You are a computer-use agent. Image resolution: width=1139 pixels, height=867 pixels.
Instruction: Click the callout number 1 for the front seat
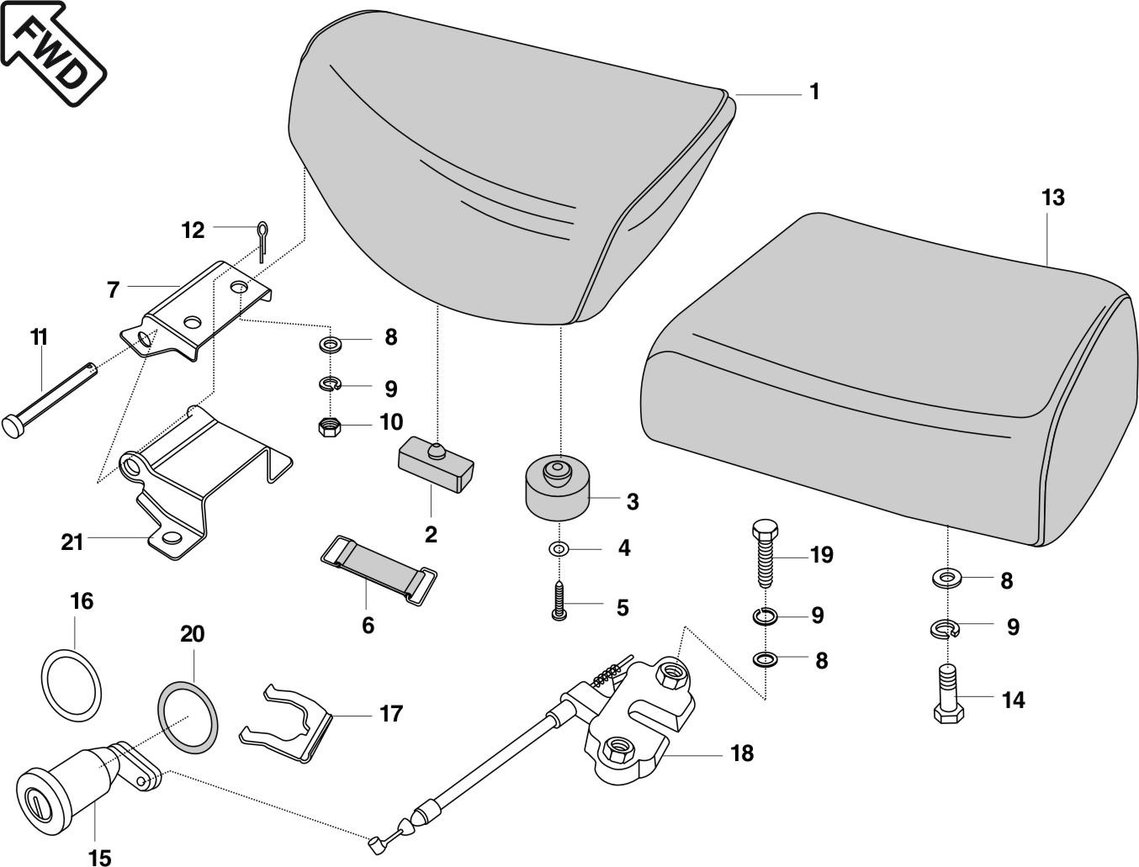[x=814, y=92]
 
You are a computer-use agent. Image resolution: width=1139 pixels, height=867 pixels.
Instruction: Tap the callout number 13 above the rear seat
[x=1052, y=198]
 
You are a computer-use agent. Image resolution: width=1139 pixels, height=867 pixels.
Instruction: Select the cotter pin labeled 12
[x=262, y=239]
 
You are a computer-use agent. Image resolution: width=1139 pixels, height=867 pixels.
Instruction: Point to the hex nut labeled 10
[x=329, y=426]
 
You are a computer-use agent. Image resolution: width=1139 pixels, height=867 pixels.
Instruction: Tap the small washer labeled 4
[x=558, y=549]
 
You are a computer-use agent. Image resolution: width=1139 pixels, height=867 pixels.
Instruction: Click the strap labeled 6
[x=379, y=568]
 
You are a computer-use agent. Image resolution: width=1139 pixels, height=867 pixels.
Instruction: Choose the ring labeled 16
[x=72, y=684]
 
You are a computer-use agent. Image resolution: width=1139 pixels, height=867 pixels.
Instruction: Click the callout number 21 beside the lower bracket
[x=72, y=542]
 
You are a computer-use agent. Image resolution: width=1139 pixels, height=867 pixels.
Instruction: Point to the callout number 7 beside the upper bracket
[x=114, y=290]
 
